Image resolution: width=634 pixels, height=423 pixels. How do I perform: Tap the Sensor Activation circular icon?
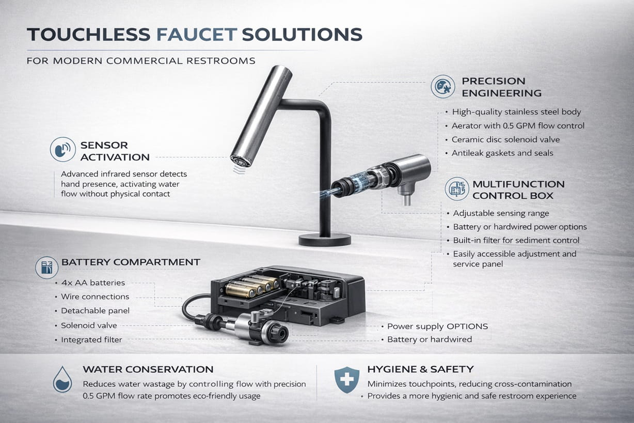pyautogui.click(x=63, y=150)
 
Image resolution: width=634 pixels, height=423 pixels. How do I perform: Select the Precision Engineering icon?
pyautogui.click(x=443, y=87)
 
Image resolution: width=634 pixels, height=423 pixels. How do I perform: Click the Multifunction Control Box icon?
pyautogui.click(x=456, y=190)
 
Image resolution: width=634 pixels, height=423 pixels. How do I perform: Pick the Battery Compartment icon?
pyautogui.click(x=47, y=268)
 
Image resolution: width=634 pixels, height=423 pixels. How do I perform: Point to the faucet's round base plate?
pyautogui.click(x=325, y=239)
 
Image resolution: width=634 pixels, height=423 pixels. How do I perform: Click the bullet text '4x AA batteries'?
pyautogui.click(x=93, y=283)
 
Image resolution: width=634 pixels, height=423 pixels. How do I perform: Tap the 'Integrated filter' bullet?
pyautogui.click(x=91, y=340)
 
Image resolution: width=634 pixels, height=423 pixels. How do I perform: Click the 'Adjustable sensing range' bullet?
pyautogui.click(x=501, y=213)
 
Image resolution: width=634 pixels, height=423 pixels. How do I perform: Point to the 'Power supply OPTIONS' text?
pyautogui.click(x=437, y=326)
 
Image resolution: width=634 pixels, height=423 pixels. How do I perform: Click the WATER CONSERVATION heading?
pyautogui.click(x=148, y=369)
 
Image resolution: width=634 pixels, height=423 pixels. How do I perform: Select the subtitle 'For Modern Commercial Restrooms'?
pyautogui.click(x=140, y=61)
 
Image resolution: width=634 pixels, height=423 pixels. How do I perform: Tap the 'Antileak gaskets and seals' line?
pyautogui.click(x=502, y=153)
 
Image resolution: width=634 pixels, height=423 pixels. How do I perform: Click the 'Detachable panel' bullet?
pyautogui.click(x=95, y=311)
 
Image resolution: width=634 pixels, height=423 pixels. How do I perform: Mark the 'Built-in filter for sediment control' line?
pyautogui.click(x=516, y=240)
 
